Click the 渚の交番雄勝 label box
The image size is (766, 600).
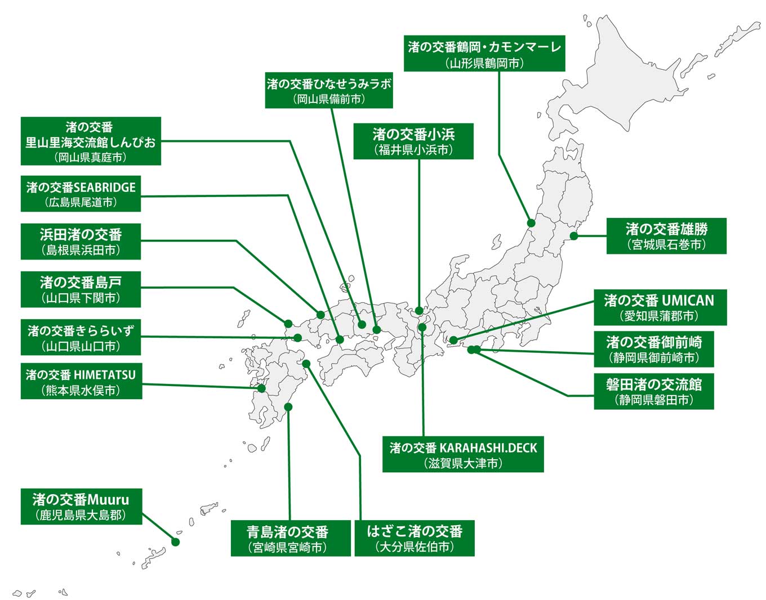tap(666, 236)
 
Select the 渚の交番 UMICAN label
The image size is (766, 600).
tap(660, 307)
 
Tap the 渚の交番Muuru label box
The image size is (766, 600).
tap(81, 507)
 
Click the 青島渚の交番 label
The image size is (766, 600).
tap(291, 538)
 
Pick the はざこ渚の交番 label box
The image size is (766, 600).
tap(414, 538)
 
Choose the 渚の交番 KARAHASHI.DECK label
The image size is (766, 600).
tap(463, 454)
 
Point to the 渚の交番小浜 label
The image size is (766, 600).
tap(413, 141)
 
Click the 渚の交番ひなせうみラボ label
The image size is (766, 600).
tap(329, 90)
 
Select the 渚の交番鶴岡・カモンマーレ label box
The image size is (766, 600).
tap(484, 54)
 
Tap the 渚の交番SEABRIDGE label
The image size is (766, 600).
tap(81, 194)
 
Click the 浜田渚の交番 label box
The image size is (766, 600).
tap(81, 241)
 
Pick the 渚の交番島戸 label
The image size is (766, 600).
tap(81, 289)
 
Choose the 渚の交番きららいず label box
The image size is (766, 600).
tap(81, 338)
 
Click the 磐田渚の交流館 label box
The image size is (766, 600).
tap(653, 391)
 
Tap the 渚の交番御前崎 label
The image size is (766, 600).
tap(653, 349)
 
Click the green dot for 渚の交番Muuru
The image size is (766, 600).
tap(175, 542)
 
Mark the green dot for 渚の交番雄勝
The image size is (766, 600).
tap(573, 236)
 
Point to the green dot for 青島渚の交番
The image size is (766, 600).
tap(288, 406)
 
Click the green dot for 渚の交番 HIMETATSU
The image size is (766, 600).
tap(261, 388)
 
